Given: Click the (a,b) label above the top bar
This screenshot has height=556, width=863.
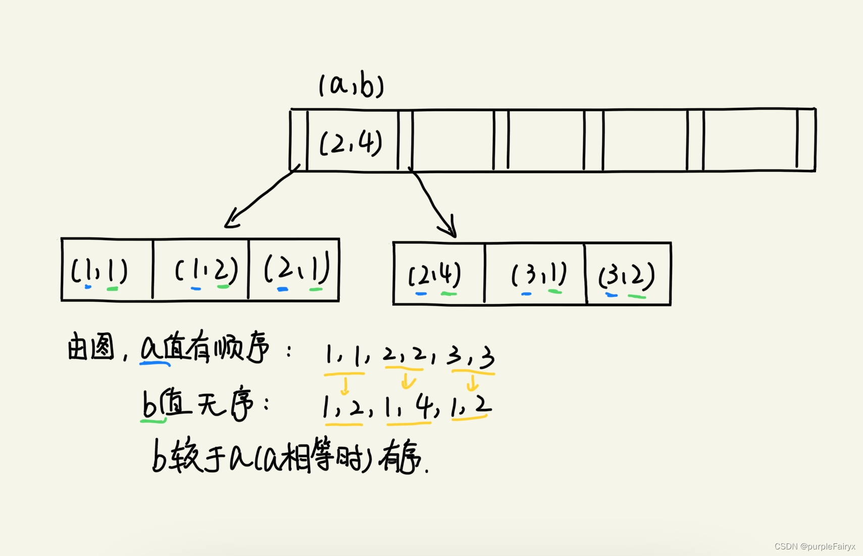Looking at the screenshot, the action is (351, 86).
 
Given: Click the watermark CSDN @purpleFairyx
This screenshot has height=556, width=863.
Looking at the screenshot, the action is (815, 546).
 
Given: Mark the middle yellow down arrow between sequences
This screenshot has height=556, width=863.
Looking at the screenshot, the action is (407, 381).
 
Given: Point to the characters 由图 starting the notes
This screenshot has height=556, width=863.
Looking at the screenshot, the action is (91, 348).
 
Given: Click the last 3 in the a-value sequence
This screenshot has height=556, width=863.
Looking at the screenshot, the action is (487, 357).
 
